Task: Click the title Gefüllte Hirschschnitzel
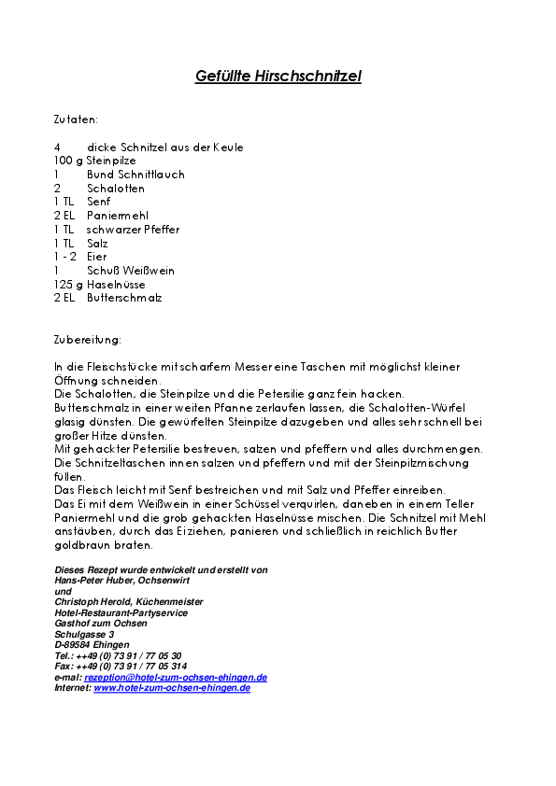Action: (278, 77)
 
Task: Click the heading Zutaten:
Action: (76, 119)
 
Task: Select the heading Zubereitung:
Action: (88, 340)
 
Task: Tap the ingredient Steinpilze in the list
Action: (111, 161)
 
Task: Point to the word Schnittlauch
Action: (135, 175)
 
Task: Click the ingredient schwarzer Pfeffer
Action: (133, 230)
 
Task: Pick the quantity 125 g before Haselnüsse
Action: (68, 285)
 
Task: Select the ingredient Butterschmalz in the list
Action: (124, 298)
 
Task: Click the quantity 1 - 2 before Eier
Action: (66, 257)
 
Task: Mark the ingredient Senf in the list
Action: (98, 202)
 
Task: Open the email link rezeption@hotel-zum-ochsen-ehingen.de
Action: (176, 678)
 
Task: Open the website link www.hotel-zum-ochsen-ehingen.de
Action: (172, 688)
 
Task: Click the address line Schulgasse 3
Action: (84, 635)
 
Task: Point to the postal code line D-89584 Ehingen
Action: (93, 645)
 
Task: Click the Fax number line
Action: (107, 667)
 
